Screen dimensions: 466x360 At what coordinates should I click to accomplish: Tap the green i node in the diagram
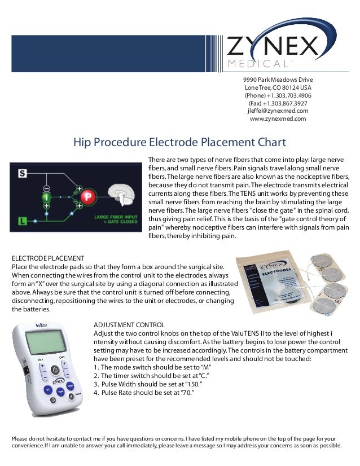point(46,197)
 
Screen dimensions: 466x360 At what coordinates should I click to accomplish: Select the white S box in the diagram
point(22,173)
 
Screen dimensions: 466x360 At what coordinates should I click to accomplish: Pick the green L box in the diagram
point(22,221)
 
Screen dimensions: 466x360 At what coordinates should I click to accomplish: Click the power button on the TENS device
point(52,370)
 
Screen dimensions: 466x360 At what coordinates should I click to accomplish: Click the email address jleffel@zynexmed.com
point(278,111)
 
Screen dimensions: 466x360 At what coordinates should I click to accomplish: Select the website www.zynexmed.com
point(278,119)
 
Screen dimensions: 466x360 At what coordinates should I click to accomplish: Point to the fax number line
point(278,103)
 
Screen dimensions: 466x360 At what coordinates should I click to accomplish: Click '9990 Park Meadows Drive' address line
point(278,80)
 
